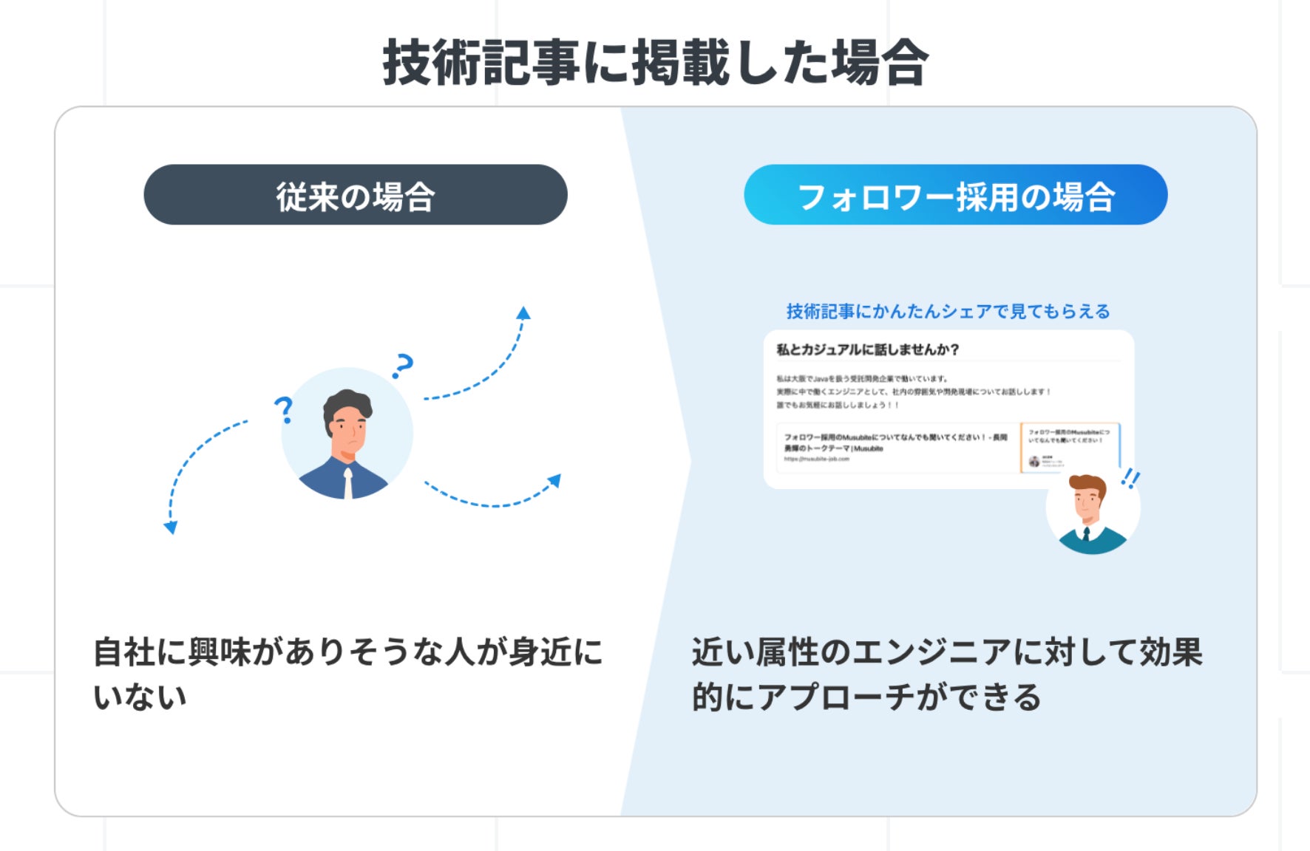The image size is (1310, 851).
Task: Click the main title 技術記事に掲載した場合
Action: click(655, 63)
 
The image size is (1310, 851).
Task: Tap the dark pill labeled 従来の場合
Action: click(356, 195)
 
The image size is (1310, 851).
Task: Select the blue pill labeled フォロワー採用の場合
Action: click(955, 195)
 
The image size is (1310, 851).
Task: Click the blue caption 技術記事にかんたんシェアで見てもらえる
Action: click(948, 311)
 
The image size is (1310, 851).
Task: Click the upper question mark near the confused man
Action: click(403, 365)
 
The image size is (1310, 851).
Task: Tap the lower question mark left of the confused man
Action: click(283, 409)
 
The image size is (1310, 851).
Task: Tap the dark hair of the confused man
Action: click(347, 403)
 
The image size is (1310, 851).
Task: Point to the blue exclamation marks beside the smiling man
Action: click(1130, 479)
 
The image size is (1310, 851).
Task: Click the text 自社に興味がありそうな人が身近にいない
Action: click(347, 674)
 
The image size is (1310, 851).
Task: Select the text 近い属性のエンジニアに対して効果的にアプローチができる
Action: click(946, 674)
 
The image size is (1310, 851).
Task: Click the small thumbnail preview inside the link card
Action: click(1069, 447)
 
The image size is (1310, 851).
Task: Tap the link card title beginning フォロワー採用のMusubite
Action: click(895, 442)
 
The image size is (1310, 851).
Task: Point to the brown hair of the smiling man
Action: click(1088, 484)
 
